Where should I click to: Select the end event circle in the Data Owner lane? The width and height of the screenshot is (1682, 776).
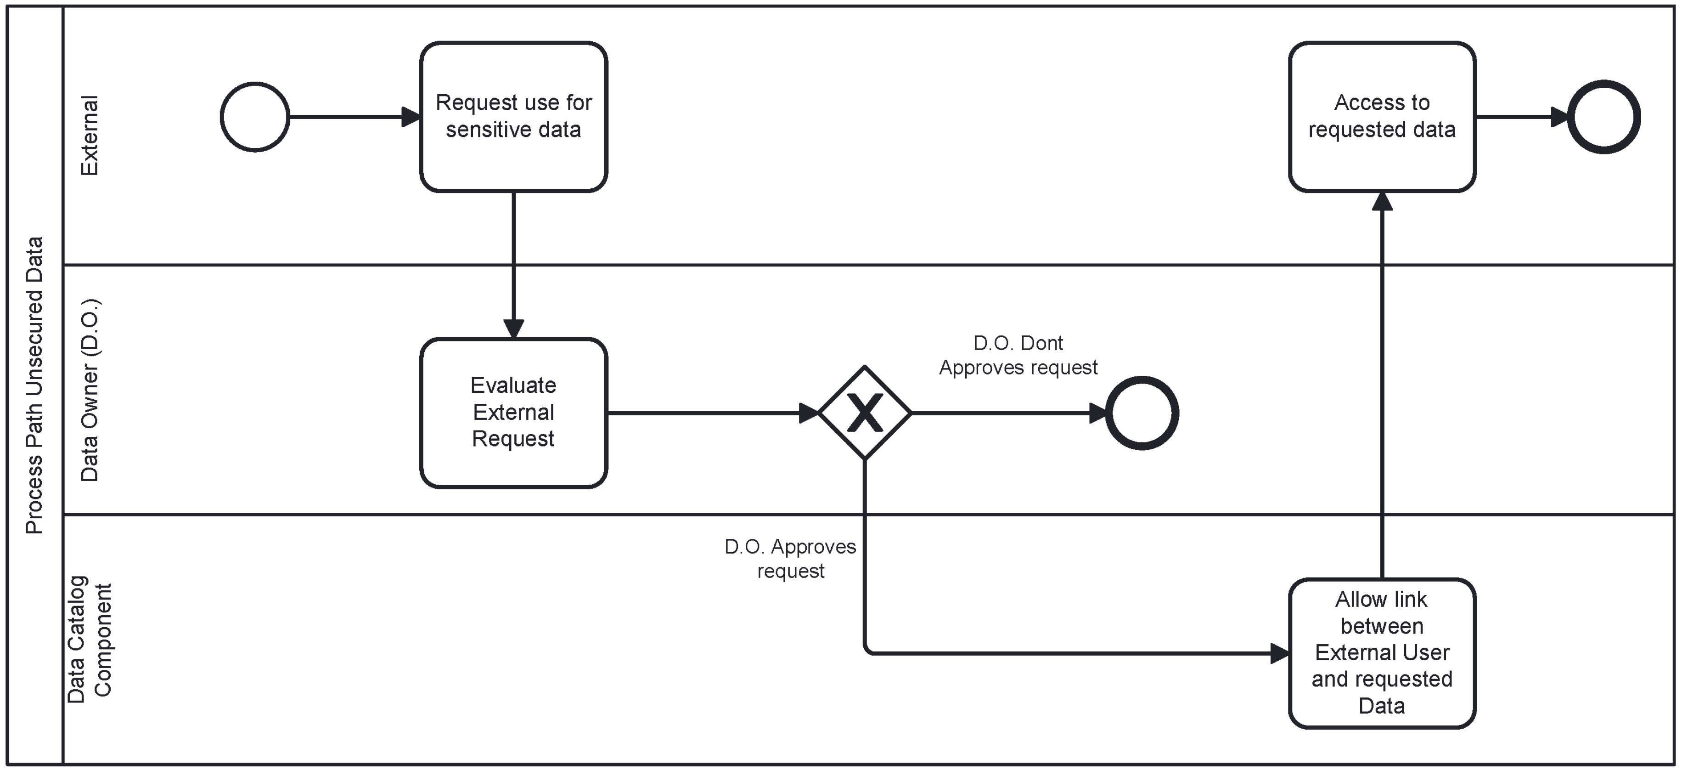point(1142,413)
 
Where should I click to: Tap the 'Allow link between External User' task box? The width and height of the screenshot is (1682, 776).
point(1382,652)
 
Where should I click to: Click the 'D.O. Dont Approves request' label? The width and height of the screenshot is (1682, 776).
point(1018,355)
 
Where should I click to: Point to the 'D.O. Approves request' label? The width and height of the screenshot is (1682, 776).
point(790,559)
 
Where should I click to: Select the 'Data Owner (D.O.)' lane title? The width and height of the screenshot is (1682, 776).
point(89,391)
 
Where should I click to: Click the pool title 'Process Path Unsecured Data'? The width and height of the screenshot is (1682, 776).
point(34,385)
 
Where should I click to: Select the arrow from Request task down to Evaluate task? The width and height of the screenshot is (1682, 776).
point(514,261)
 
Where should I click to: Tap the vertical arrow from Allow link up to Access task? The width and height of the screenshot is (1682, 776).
point(1382,385)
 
